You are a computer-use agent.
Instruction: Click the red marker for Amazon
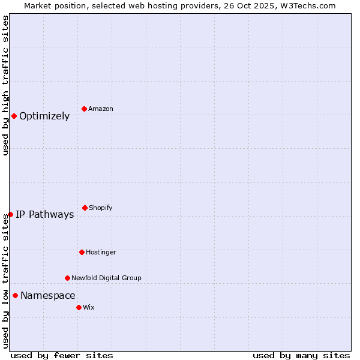pyautogui.click(x=85, y=109)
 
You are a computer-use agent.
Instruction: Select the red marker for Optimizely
pyautogui.click(x=14, y=116)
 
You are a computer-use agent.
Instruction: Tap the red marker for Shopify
pyautogui.click(x=85, y=208)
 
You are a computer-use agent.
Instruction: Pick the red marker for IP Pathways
pyautogui.click(x=10, y=214)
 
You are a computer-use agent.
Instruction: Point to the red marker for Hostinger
pyautogui.click(x=82, y=252)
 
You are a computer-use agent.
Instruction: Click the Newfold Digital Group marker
pyautogui.click(x=67, y=278)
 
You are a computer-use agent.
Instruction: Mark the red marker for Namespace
pyautogui.click(x=15, y=295)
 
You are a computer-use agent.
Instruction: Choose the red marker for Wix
pyautogui.click(x=79, y=307)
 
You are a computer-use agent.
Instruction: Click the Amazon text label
pyautogui.click(x=101, y=109)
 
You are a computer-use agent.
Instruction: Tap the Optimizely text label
pyautogui.click(x=44, y=116)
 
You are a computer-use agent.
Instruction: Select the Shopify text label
pyautogui.click(x=101, y=208)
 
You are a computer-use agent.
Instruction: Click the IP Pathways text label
pyautogui.click(x=45, y=215)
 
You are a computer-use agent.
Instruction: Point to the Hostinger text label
pyautogui.click(x=101, y=252)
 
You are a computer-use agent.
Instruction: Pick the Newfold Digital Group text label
pyautogui.click(x=106, y=278)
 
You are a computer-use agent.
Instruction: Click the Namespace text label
pyautogui.click(x=48, y=296)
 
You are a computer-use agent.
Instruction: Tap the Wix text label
pyautogui.click(x=89, y=307)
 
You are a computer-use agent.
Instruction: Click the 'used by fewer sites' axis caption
pyautogui.click(x=62, y=355)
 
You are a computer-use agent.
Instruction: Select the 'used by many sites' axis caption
pyautogui.click(x=301, y=355)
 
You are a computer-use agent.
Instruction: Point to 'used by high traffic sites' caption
pyautogui.click(x=5, y=85)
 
